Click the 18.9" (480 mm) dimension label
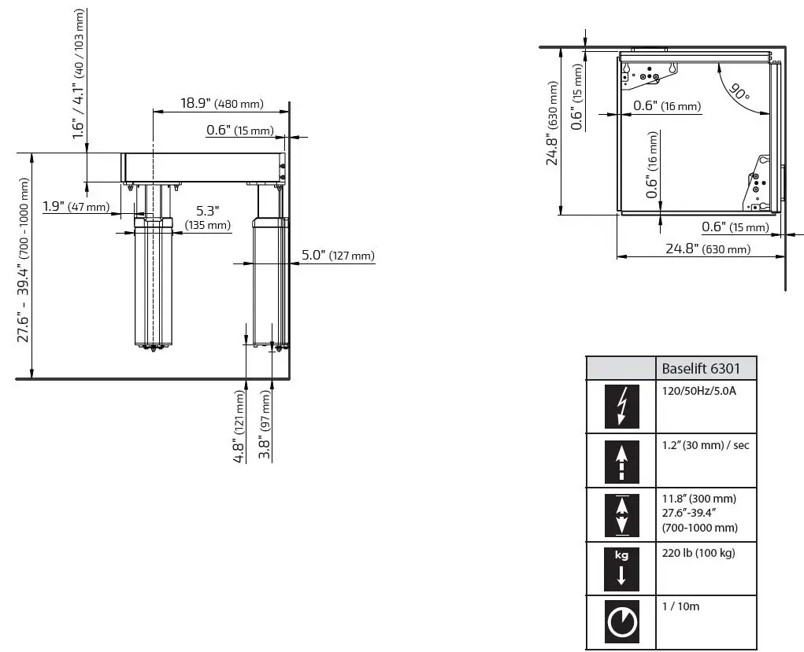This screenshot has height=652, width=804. tap(221, 103)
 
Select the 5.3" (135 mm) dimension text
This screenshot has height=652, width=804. tap(207, 218)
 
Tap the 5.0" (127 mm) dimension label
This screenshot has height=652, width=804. tap(338, 255)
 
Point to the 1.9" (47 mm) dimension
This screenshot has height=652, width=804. tap(76, 207)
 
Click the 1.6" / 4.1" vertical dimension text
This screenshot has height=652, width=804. tap(79, 75)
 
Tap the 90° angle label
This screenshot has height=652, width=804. tap(739, 92)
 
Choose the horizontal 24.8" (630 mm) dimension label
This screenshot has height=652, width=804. tap(708, 249)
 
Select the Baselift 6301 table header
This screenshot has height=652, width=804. tap(707, 368)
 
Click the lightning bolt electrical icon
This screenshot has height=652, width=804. tap(621, 407)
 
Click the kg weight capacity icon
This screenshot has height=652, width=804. tap(621, 568)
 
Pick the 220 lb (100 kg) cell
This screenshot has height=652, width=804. tap(698, 553)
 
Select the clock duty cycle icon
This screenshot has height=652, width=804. tap(621, 622)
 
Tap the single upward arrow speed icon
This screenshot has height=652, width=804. tap(621, 461)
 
